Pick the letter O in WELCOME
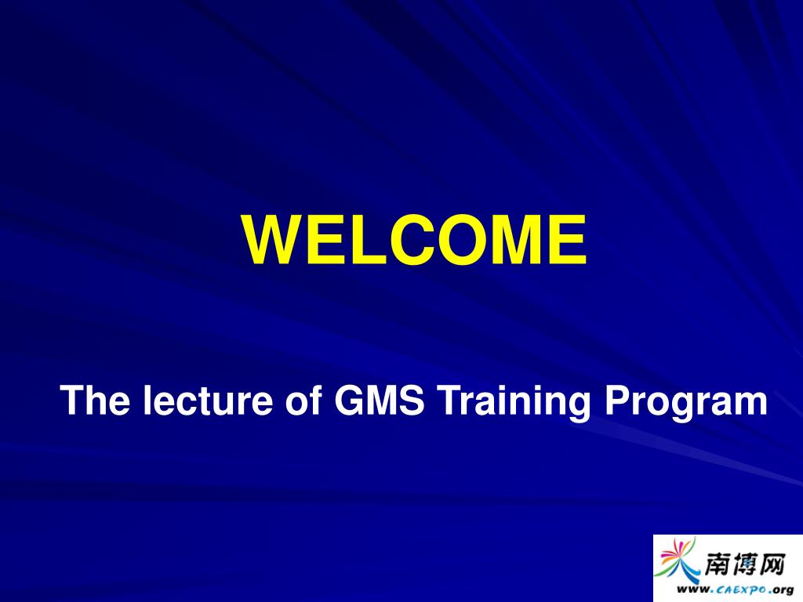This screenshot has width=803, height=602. click(462, 240)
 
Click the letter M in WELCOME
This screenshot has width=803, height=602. click(518, 240)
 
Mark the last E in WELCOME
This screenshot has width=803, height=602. click(569, 240)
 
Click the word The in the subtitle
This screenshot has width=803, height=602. click(95, 400)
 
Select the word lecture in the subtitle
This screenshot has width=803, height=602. click(208, 400)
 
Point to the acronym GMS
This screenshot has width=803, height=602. click(380, 400)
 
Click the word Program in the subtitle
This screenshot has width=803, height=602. click(685, 404)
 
